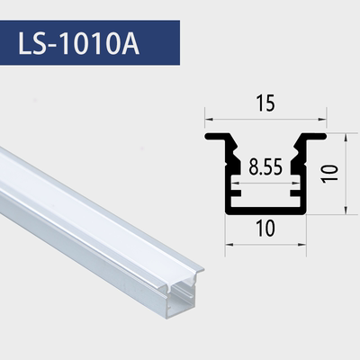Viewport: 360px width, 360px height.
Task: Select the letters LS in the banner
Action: point(37,43)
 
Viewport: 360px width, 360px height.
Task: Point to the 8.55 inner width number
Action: point(265,167)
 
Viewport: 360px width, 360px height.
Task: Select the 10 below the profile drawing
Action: point(265,229)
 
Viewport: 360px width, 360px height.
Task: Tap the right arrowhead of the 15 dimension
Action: point(321,117)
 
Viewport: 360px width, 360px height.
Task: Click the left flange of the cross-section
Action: point(218,138)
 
